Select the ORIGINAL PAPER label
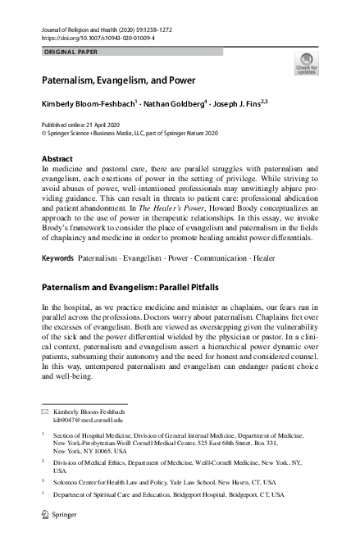[x=70, y=51]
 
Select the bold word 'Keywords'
[x=57, y=235]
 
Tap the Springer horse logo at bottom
[x=47, y=518]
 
